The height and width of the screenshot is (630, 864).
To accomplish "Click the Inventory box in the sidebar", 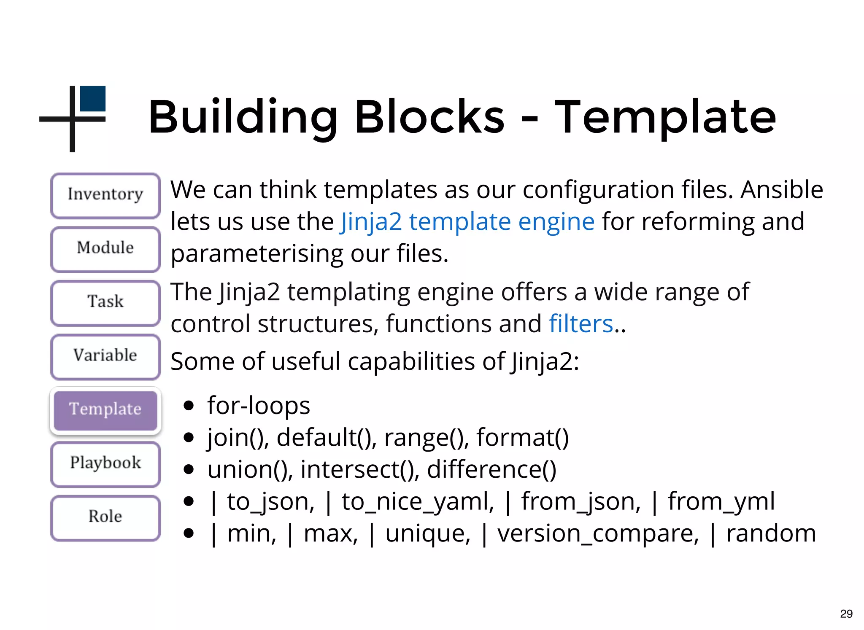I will [105, 195].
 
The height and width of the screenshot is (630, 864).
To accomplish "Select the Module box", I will [105, 249].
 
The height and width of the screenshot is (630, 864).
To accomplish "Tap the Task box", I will [105, 302].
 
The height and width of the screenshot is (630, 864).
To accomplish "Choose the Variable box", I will [105, 356].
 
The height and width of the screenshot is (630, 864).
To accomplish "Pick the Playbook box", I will [105, 463].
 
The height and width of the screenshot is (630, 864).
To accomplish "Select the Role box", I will [105, 517].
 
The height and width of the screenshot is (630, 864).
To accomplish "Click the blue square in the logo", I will [92, 99].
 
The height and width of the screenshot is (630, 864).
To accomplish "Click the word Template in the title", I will [665, 117].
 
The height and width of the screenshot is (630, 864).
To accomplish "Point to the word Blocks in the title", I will [429, 117].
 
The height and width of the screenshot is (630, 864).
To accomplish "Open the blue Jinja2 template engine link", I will [467, 222].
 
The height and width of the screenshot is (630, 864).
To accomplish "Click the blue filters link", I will [581, 324].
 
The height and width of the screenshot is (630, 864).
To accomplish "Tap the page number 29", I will [846, 614].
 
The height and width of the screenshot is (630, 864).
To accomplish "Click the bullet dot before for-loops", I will [189, 406].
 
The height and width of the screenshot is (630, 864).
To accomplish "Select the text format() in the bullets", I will [523, 438].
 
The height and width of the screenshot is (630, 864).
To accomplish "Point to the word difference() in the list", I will [491, 470].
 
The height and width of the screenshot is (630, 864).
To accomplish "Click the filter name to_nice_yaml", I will [417, 502].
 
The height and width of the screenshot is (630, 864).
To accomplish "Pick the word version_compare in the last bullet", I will [598, 534].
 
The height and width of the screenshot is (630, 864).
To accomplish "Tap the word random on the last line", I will [771, 534].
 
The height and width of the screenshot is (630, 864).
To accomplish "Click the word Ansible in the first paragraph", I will [782, 190].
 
